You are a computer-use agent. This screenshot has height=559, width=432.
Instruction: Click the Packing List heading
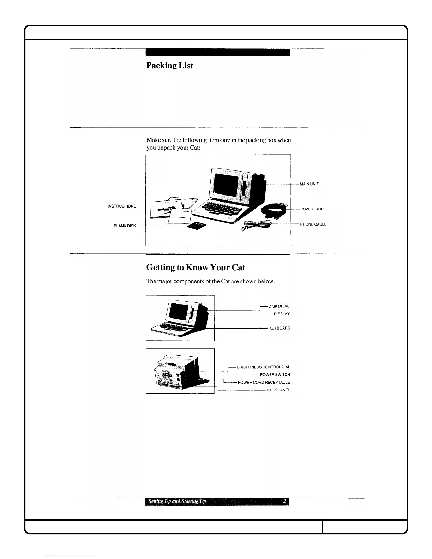169,66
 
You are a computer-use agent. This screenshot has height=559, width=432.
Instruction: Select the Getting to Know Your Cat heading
196,268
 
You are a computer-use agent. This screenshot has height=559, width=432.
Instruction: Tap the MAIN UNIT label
310,184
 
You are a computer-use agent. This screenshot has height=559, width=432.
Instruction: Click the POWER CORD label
313,209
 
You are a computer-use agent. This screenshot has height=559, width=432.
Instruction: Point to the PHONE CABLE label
313,224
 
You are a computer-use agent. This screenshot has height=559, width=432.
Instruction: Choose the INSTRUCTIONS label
122,206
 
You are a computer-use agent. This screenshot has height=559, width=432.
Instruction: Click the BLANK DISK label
125,226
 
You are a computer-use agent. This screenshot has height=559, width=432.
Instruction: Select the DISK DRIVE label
279,306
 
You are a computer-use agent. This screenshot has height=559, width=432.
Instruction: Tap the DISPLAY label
282,314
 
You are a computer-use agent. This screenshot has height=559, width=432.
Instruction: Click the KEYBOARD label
280,328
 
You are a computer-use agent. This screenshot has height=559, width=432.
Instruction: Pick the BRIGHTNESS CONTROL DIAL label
263,367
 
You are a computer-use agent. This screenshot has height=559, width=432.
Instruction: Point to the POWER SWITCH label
275,375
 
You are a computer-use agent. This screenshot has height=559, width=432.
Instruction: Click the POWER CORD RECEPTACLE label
264,383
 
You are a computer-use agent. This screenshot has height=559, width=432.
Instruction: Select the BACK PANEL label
278,390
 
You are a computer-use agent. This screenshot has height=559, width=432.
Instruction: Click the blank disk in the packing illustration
197,226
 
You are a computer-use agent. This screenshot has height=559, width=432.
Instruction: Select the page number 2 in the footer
284,501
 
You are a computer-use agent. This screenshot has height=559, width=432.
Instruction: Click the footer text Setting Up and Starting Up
177,501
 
